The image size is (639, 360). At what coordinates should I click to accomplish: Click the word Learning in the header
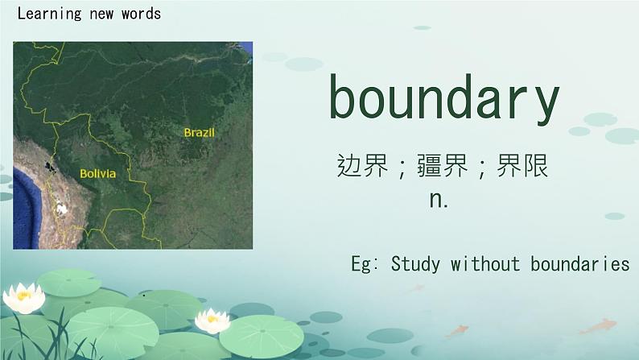[50, 14]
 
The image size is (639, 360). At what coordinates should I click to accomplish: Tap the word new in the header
[101, 14]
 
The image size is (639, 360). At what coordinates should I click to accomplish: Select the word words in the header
[141, 14]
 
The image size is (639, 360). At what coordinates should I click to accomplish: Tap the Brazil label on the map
[200, 133]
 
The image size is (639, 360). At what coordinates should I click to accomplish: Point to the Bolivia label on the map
[98, 174]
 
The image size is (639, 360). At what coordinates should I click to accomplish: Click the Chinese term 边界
[363, 166]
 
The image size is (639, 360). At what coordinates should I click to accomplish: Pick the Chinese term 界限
[522, 166]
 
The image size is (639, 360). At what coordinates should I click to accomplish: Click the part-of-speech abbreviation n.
[439, 200]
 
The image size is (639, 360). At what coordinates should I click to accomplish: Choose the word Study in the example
[415, 264]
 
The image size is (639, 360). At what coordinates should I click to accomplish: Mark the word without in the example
[485, 263]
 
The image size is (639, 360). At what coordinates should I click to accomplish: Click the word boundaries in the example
[580, 263]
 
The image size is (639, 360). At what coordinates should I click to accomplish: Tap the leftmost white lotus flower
[24, 298]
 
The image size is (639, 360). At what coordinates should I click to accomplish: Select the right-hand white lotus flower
[212, 321]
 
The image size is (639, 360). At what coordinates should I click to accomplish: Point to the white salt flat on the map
[61, 209]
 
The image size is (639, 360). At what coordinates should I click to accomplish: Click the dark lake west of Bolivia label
[51, 167]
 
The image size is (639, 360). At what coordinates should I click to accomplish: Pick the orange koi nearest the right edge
[598, 325]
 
